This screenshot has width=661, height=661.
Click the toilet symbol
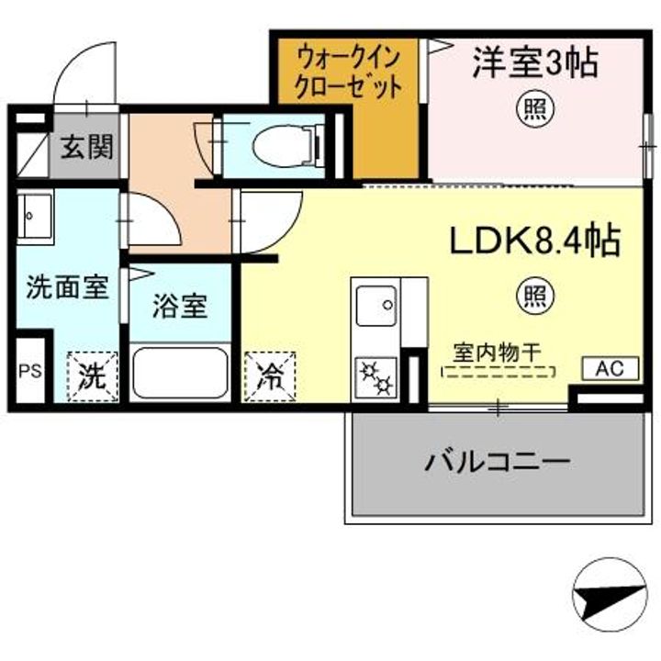point(287,145)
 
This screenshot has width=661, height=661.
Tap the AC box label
point(610,369)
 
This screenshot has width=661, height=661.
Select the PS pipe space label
point(30,371)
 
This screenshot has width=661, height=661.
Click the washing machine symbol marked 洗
point(93,376)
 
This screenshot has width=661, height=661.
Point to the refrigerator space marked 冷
point(270,376)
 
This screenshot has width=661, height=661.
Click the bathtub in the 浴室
point(180,373)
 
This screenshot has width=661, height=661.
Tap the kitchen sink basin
point(376,306)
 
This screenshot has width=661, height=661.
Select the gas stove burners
point(376,377)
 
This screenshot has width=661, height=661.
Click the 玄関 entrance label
point(87,148)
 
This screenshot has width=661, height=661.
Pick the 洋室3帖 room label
point(535,63)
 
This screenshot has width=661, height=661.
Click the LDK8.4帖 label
point(535,241)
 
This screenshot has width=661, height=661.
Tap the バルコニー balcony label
point(498,463)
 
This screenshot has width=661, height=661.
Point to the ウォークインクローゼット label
point(348,73)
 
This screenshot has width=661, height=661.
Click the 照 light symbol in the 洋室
point(535,109)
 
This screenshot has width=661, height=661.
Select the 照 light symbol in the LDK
point(535,297)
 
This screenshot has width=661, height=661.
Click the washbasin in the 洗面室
point(35,217)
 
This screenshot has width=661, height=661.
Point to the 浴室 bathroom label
point(180,306)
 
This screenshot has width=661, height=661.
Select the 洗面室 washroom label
point(67,287)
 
